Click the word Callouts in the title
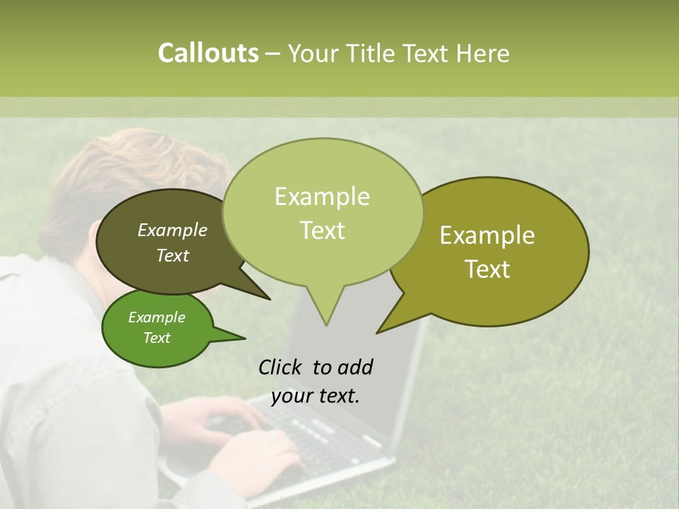pos(208,53)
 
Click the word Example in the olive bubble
pos(487,235)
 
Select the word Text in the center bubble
pos(323,230)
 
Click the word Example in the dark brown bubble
pos(173,230)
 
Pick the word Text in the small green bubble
pos(157,338)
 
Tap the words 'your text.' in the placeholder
pos(315,396)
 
